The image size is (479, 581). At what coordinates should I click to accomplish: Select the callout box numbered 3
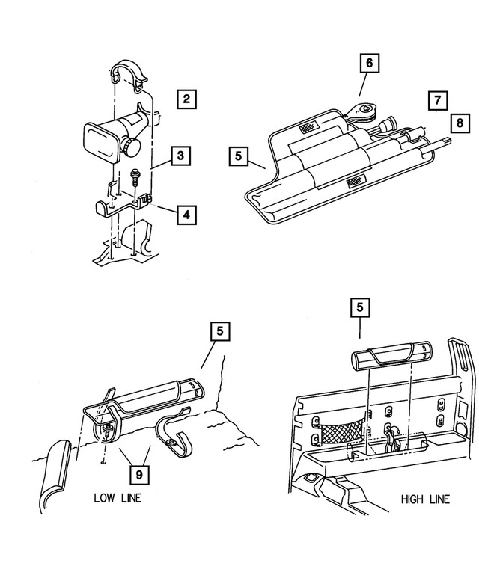tap(180, 156)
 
